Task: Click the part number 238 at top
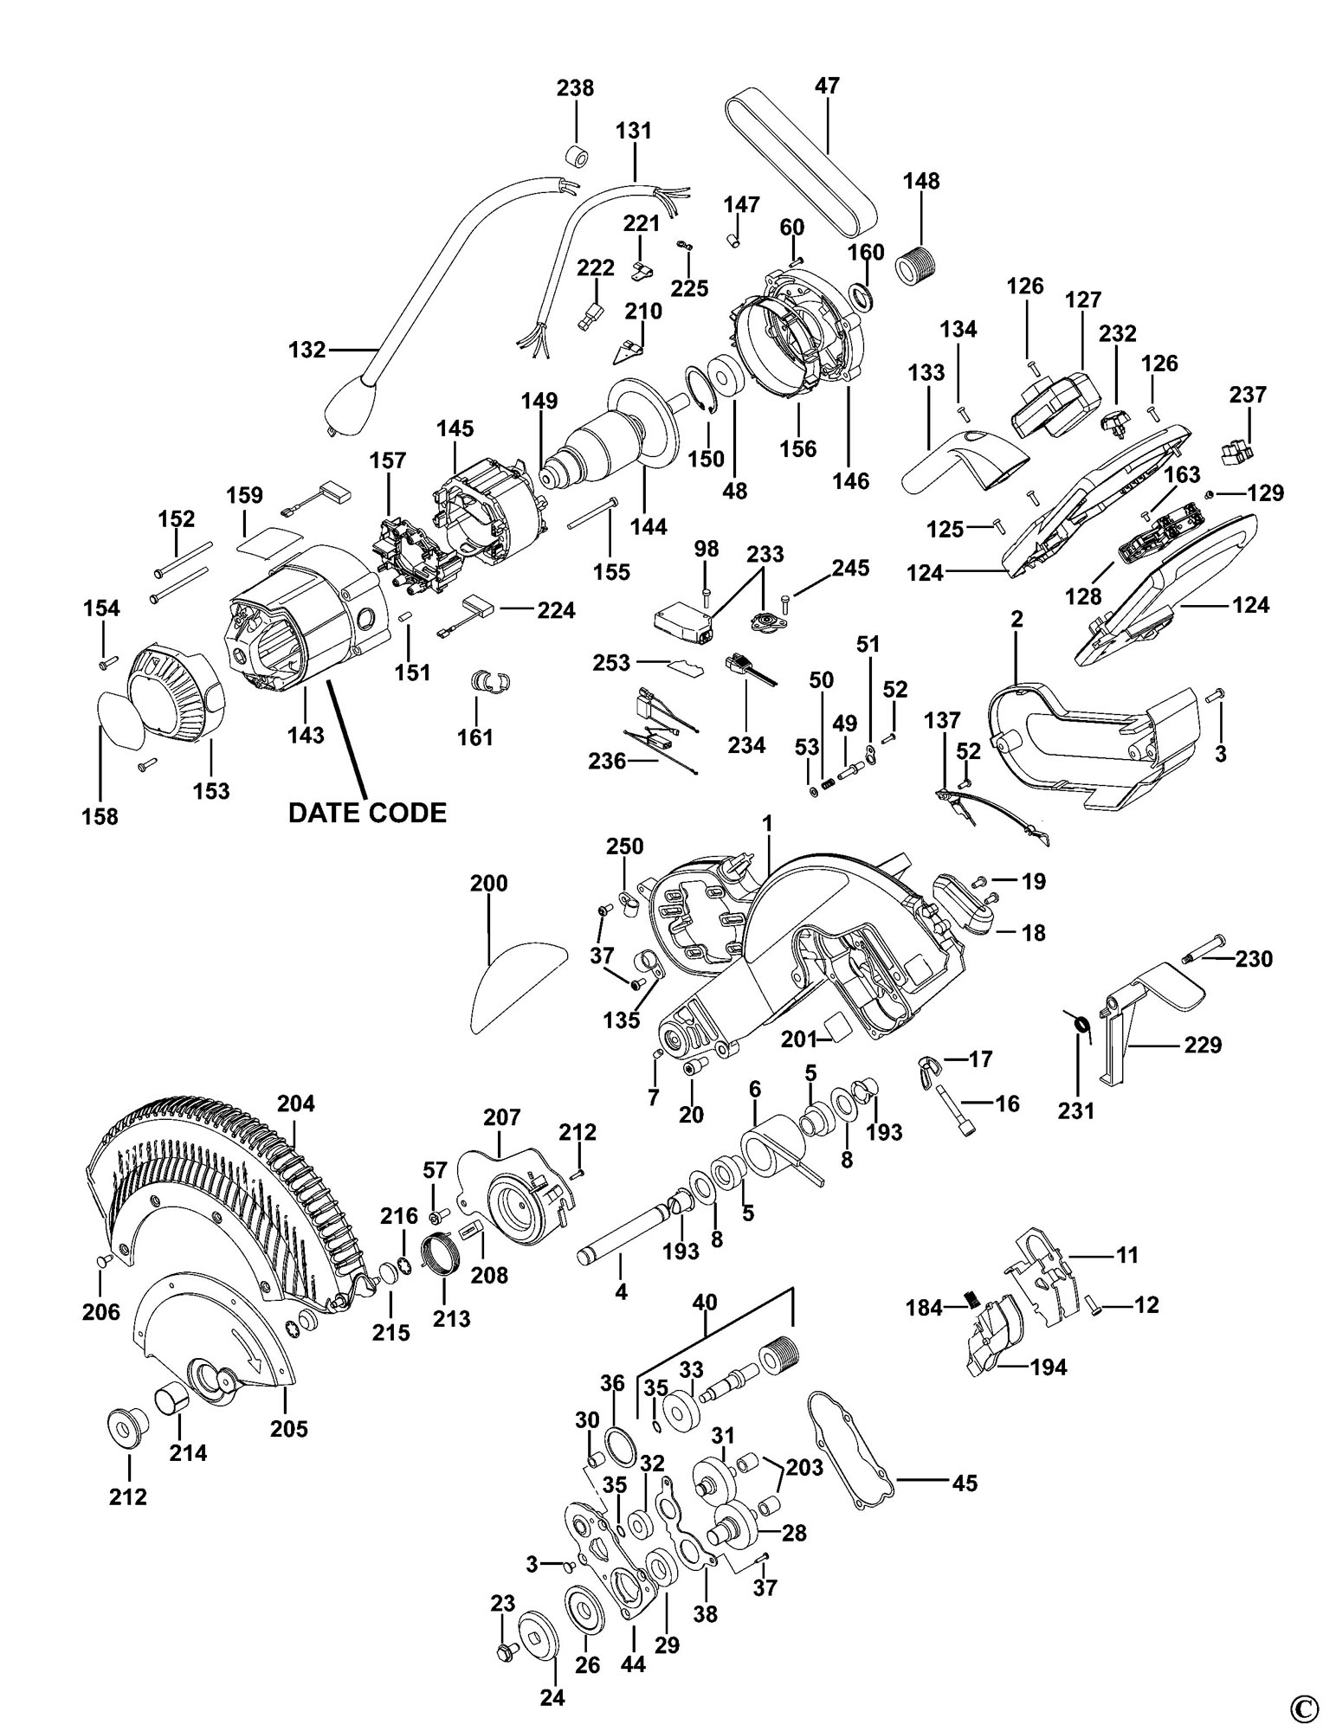click(x=575, y=87)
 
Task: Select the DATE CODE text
click(x=367, y=813)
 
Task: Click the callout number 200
click(x=488, y=884)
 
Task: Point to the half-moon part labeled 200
click(x=515, y=987)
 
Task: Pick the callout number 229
click(x=1204, y=1045)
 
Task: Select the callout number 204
click(x=296, y=1104)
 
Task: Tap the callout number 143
click(x=306, y=735)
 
